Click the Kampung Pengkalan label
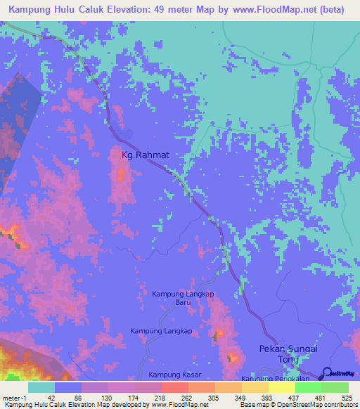pos(267,379)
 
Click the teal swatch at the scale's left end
pos(41,387)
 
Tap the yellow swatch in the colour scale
pos(281,387)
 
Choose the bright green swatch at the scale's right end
pos(335,387)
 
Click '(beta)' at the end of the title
pos(330,9)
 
